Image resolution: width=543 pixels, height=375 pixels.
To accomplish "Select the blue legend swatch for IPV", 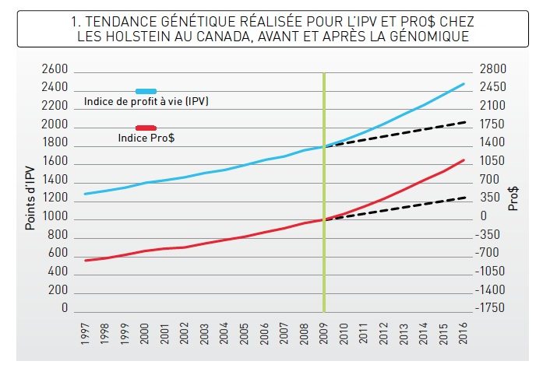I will click(146, 92).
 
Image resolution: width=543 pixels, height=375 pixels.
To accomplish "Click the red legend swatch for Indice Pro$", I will click(146, 128).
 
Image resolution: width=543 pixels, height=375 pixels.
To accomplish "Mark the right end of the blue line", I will click(464, 83).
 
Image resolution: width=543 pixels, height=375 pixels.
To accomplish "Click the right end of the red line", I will click(464, 159).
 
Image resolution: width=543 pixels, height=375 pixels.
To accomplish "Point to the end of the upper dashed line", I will click(466, 122).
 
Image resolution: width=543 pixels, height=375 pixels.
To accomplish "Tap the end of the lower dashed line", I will click(466, 197).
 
